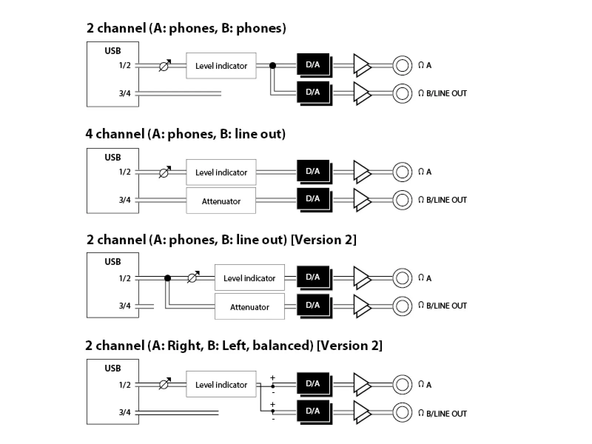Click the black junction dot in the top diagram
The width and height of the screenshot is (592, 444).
click(x=273, y=65)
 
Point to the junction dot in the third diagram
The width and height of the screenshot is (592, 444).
click(x=168, y=278)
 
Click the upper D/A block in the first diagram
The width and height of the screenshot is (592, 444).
click(x=314, y=65)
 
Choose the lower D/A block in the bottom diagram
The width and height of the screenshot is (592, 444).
click(x=314, y=412)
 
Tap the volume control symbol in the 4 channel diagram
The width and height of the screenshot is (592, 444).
click(x=165, y=172)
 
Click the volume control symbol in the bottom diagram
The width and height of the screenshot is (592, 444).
click(x=165, y=384)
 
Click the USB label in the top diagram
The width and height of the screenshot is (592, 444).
click(x=113, y=51)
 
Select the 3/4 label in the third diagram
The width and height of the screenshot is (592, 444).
click(x=125, y=306)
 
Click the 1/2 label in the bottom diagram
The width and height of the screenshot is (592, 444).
click(x=125, y=385)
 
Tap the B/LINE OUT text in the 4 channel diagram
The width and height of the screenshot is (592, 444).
click(x=446, y=200)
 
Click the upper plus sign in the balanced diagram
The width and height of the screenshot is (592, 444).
click(x=273, y=378)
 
